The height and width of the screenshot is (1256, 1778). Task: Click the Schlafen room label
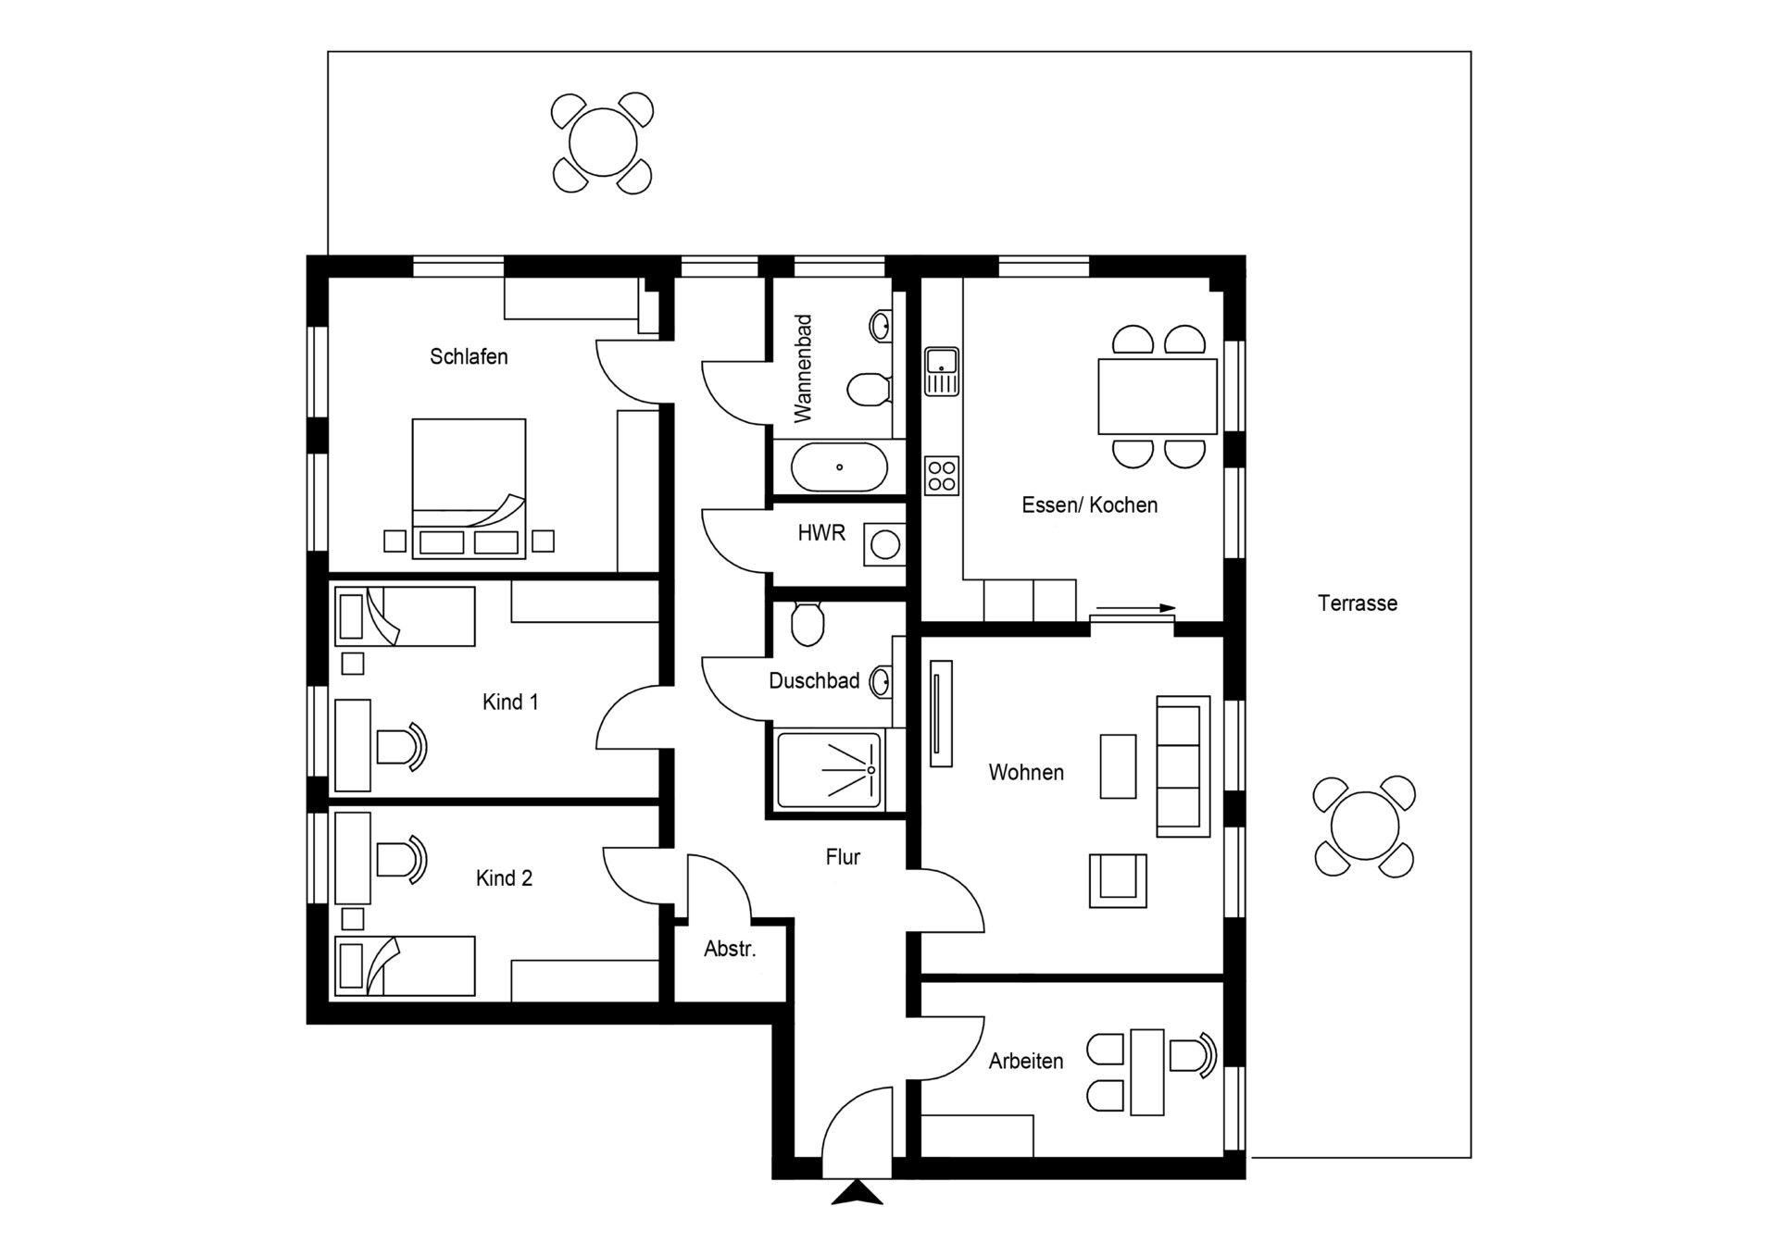coord(469,357)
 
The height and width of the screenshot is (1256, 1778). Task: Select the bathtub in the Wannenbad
coord(839,467)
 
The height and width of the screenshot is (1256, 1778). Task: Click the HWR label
coord(821,534)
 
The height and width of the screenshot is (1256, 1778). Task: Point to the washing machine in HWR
coord(884,545)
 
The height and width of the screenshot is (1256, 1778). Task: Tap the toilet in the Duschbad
coord(808,623)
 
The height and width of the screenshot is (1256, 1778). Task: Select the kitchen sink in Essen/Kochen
coord(942,371)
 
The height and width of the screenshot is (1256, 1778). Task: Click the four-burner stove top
coord(942,476)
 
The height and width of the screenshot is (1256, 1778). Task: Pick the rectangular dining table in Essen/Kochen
coord(1158,396)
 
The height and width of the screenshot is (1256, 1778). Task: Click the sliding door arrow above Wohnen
coord(1135,609)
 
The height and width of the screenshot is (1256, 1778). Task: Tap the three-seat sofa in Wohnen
coord(1183,766)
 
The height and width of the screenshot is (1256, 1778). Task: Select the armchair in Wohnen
coord(1118,879)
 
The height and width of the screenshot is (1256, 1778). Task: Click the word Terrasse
coord(1357,603)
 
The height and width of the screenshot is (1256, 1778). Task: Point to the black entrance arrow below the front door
coord(857,1193)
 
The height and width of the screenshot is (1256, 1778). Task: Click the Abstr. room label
coord(730,949)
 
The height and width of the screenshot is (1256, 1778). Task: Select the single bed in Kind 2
coord(405,966)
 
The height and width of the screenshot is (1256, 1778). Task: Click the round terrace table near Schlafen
coord(603,143)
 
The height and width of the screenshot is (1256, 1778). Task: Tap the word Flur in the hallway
coord(843,858)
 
